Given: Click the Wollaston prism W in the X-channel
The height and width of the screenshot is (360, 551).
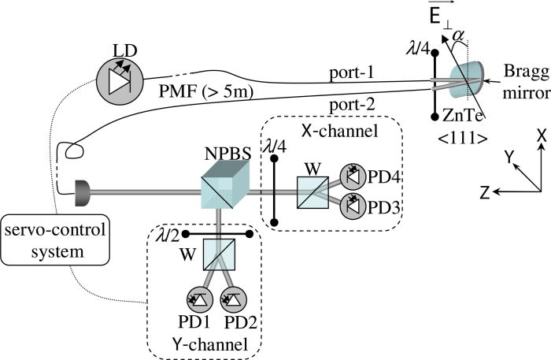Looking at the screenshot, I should pyautogui.click(x=312, y=191).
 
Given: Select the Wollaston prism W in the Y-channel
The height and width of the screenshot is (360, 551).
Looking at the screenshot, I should pyautogui.click(x=213, y=254).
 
